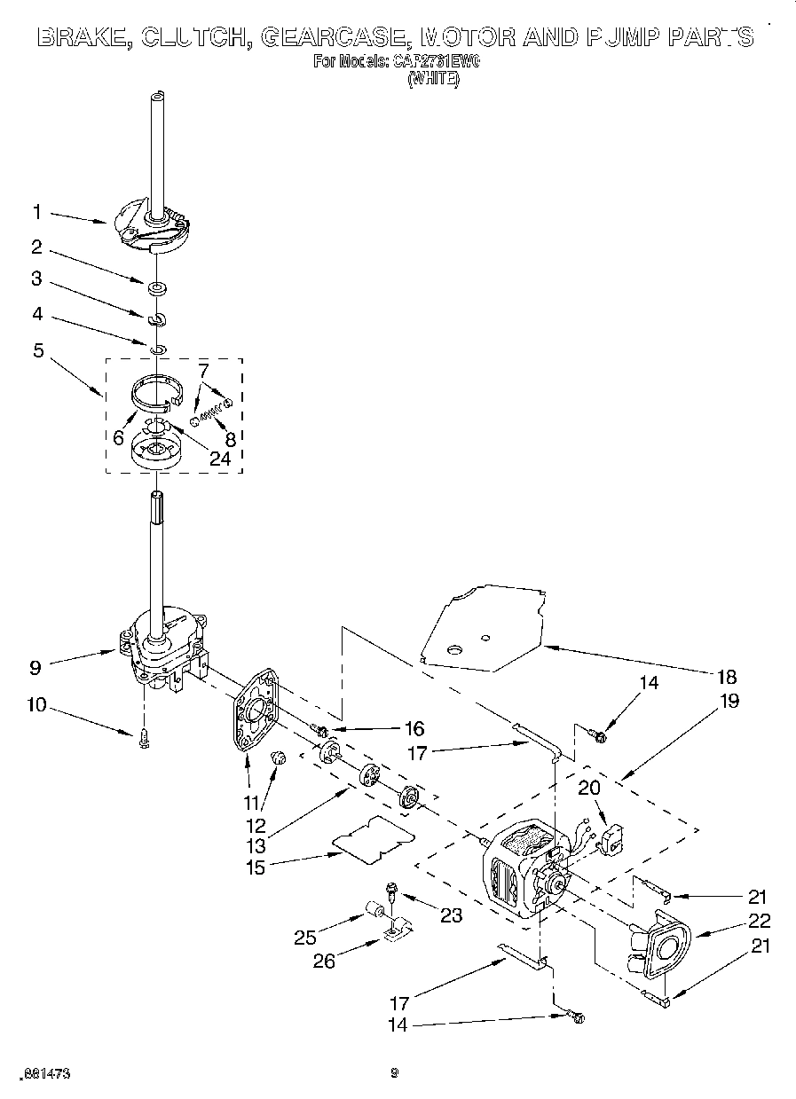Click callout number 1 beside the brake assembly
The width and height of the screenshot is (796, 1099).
(x=37, y=212)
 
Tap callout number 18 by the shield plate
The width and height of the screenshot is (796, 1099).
(x=726, y=677)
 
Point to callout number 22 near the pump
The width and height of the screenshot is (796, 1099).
(x=735, y=921)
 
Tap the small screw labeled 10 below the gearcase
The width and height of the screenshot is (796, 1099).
(x=145, y=739)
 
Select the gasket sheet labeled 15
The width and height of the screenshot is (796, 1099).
(x=373, y=838)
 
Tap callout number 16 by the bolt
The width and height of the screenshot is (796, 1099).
(x=414, y=729)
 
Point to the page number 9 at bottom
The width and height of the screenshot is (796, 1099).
(x=395, y=1073)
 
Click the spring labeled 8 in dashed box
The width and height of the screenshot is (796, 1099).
(x=212, y=410)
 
